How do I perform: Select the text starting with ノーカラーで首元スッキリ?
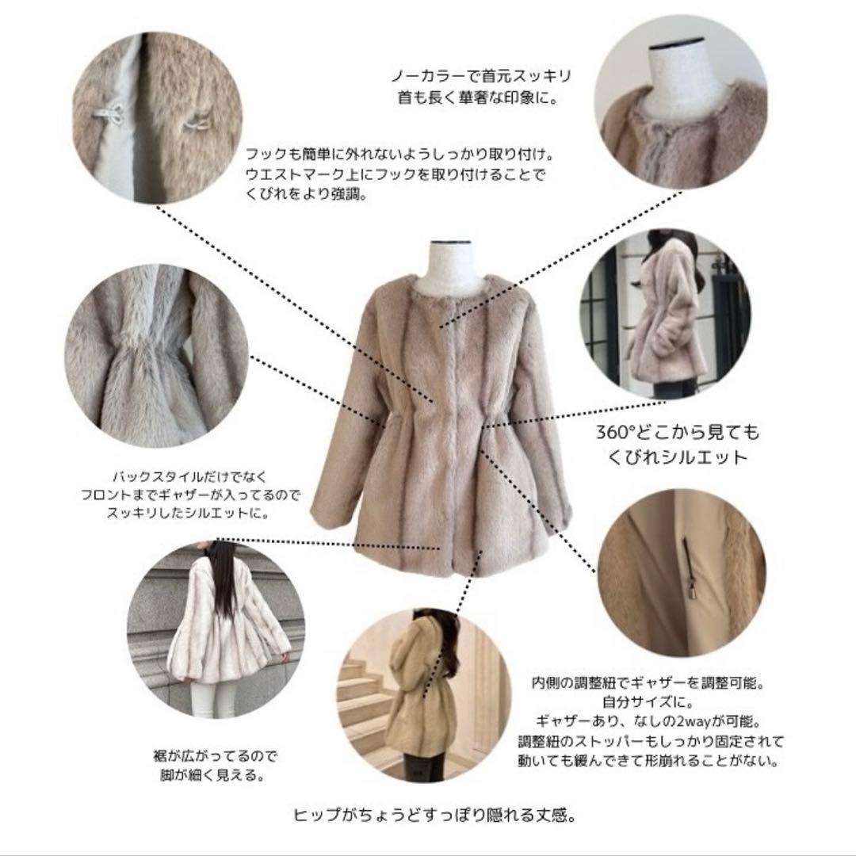tap(481, 77)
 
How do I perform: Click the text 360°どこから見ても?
tap(677, 433)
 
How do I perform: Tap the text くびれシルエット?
tap(677, 457)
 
